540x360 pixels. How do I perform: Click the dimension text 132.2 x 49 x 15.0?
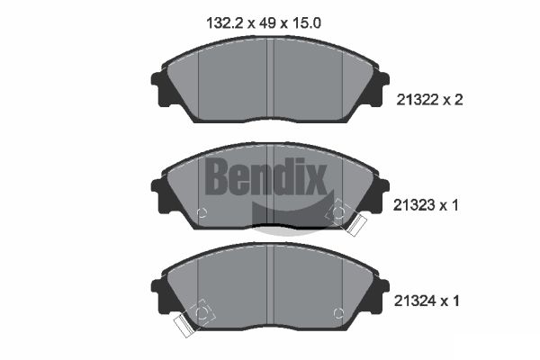[264, 23]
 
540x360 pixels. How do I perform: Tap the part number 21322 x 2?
[429, 100]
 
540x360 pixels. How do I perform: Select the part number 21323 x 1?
[426, 205]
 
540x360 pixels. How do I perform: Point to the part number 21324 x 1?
[427, 301]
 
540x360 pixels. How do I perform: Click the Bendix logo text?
[265, 176]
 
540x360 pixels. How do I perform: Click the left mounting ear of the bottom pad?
[159, 294]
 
